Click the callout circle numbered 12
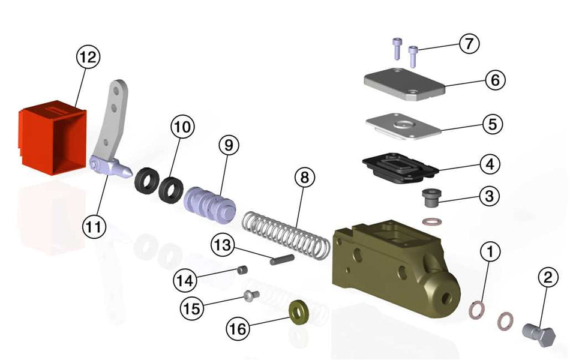click(x=88, y=58)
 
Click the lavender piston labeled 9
click(x=210, y=204)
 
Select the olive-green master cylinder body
click(x=393, y=264)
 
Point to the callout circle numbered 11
click(x=94, y=226)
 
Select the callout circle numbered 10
click(x=182, y=127)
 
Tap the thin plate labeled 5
click(x=404, y=126)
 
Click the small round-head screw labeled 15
click(x=250, y=295)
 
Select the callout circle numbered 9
click(x=229, y=145)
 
